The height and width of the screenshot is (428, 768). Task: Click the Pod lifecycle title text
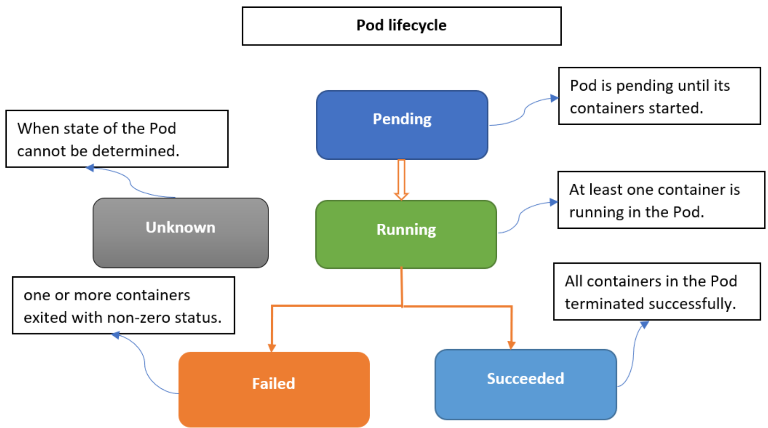click(x=401, y=25)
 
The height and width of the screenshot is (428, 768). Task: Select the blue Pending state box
click(x=402, y=125)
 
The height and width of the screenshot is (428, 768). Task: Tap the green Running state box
click(x=406, y=234)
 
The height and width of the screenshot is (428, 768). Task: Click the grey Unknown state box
click(x=180, y=233)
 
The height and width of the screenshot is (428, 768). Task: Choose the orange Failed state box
click(x=274, y=389)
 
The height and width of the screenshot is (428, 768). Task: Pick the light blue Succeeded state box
click(x=526, y=384)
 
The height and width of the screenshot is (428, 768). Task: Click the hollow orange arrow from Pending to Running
click(x=401, y=179)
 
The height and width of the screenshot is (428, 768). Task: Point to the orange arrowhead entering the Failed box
click(x=272, y=347)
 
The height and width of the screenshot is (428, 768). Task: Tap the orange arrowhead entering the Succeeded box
click(x=511, y=345)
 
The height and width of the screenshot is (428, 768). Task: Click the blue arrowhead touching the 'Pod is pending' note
click(x=554, y=98)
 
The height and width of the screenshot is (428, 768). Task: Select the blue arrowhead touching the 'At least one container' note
click(x=554, y=202)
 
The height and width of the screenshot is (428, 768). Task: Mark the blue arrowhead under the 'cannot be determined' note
click(x=90, y=168)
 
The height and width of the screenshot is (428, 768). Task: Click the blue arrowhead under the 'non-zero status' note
click(x=115, y=335)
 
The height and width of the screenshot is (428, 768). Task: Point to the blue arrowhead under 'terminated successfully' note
click(x=644, y=324)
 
